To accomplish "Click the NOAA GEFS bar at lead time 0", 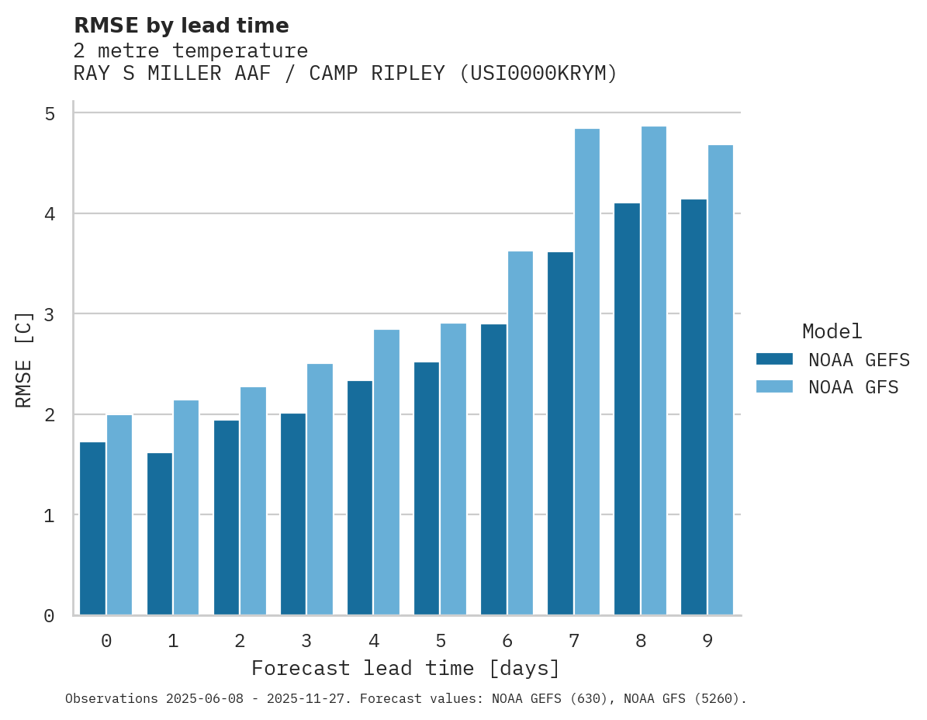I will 93,528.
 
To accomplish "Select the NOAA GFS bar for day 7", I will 587,372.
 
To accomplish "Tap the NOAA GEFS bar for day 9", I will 694,407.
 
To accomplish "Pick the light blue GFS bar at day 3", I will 320,490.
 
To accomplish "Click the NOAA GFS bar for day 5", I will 454,469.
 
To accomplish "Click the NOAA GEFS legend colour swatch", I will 774,359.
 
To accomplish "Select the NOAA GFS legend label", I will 853,387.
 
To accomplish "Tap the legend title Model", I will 832,332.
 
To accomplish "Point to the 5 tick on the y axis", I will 50,114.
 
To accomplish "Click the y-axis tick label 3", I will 50,314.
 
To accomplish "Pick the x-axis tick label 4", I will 374,642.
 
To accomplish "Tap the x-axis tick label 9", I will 707,642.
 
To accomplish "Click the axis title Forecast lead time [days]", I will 406,669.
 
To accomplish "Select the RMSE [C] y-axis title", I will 24,359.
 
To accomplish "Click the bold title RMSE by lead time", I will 182,26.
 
